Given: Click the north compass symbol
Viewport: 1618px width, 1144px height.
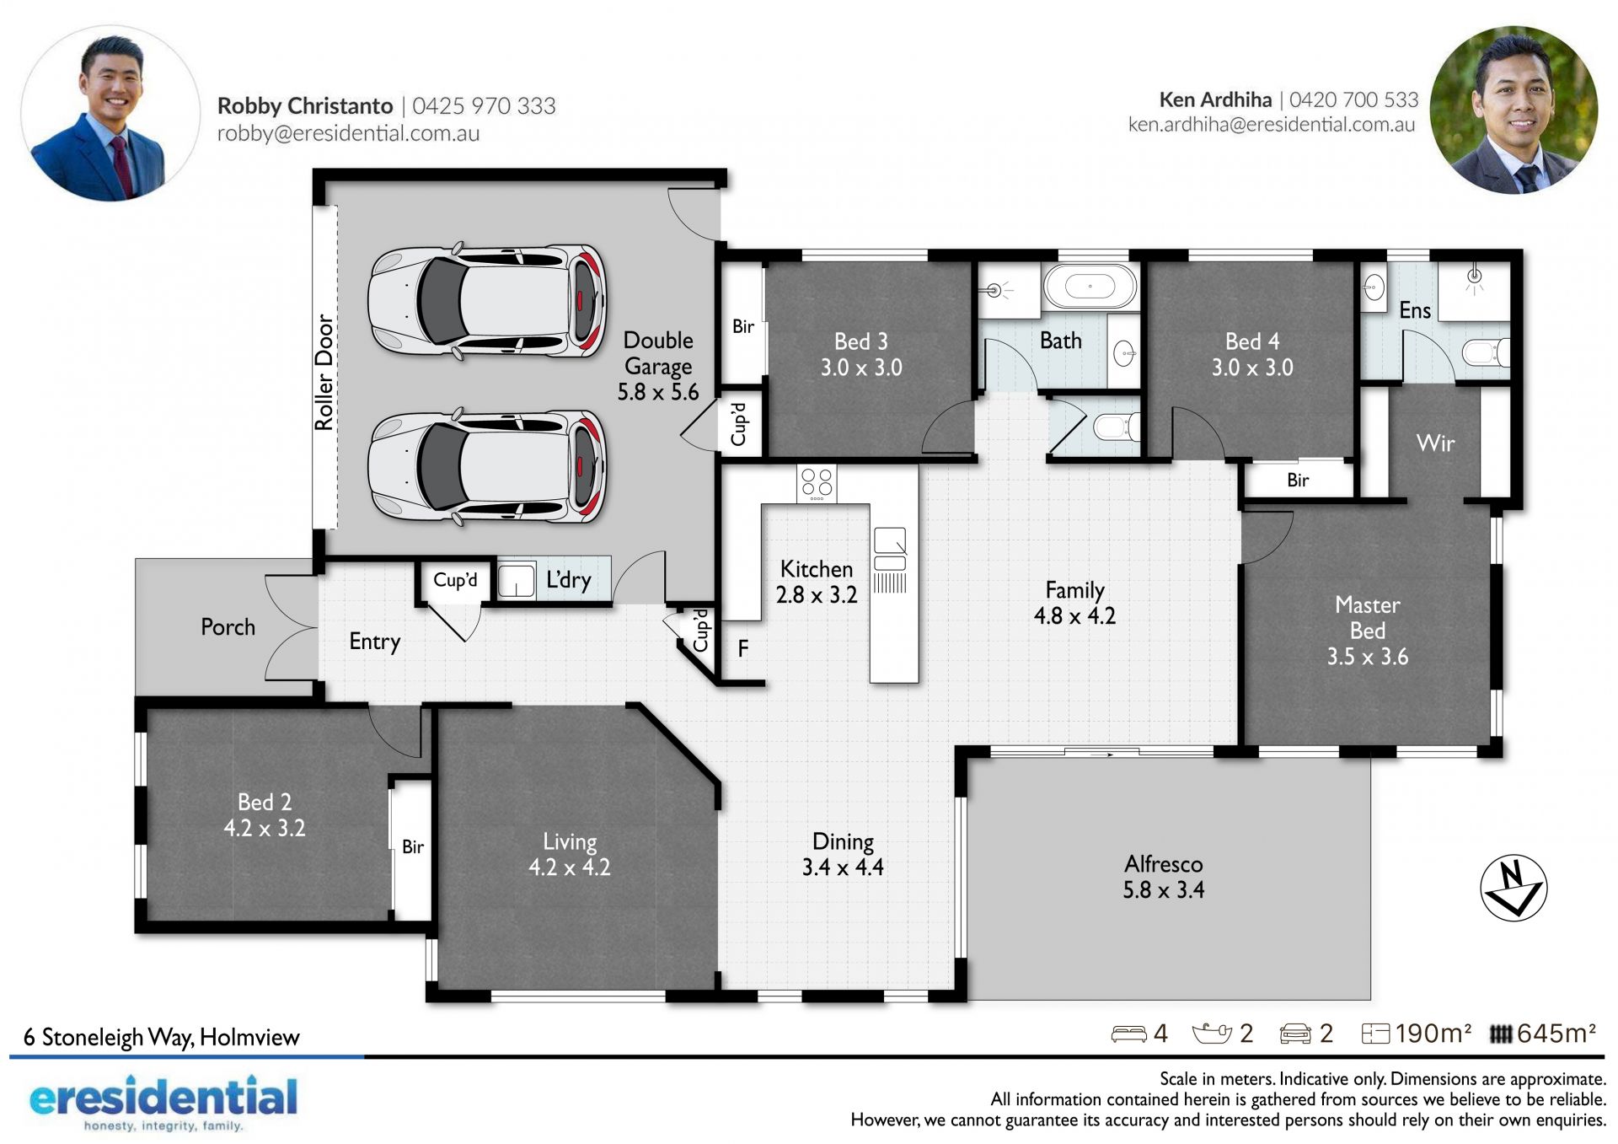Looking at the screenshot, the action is pos(1514,888).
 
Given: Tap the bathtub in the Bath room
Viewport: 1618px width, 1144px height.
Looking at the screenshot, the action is pos(1090,287).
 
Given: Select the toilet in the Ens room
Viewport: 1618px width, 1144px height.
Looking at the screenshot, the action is pos(1485,351).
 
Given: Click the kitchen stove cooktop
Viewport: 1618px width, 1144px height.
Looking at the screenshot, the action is pos(817,483).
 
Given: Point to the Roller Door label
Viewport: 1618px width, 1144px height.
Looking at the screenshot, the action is pos(324,372).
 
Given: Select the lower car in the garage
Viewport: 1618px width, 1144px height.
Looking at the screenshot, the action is pos(487,466).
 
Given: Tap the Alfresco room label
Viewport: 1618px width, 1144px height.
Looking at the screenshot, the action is pos(1163,877).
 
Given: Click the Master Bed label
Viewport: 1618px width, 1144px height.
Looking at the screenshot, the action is pos(1368,618).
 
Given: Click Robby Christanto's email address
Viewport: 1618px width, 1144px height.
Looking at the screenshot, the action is pos(348,133).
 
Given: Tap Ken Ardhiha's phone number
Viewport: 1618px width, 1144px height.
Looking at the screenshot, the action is pos(1353,99).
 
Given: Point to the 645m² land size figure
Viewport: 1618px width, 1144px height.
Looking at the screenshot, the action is pos(1556,1033).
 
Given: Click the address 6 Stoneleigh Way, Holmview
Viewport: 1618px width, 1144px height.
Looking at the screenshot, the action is pos(161,1037).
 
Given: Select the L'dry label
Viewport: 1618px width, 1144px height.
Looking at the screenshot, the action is pos(568,580).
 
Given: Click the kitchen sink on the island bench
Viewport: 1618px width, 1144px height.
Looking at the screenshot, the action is pos(890,548).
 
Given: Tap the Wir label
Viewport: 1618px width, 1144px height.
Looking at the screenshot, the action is pos(1435,443).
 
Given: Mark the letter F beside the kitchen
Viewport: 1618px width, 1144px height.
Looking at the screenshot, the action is pos(742,648).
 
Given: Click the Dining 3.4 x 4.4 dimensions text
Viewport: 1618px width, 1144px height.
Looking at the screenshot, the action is pos(843,867).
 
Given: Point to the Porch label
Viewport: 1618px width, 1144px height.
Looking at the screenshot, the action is pos(228,626).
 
